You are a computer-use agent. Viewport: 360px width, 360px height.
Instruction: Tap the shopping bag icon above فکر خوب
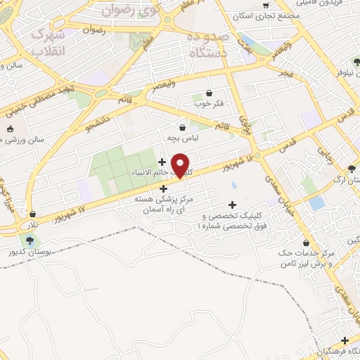click(x=209, y=94)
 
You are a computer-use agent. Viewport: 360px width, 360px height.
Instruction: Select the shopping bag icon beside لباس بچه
click(x=184, y=127)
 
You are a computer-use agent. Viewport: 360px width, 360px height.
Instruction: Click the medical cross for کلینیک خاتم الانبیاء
click(x=162, y=162)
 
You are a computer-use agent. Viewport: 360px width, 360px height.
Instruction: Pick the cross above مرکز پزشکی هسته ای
click(x=163, y=188)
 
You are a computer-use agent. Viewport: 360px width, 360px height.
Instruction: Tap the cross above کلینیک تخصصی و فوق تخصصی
click(x=233, y=205)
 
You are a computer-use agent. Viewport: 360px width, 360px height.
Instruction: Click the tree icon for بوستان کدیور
click(x=29, y=241)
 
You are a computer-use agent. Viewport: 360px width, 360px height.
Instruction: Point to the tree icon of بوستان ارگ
click(x=351, y=169)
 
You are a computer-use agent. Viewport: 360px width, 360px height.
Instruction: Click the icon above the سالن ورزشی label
click(x=9, y=129)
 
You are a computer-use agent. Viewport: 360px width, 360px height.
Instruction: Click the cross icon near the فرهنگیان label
click(x=344, y=340)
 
